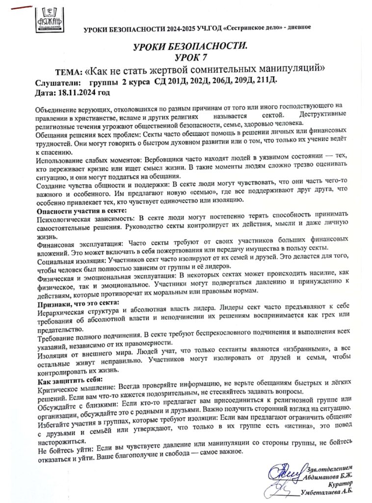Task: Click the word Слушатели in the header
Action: point(56,82)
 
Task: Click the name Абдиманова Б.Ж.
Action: point(329,474)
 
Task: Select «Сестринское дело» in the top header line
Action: point(253,28)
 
